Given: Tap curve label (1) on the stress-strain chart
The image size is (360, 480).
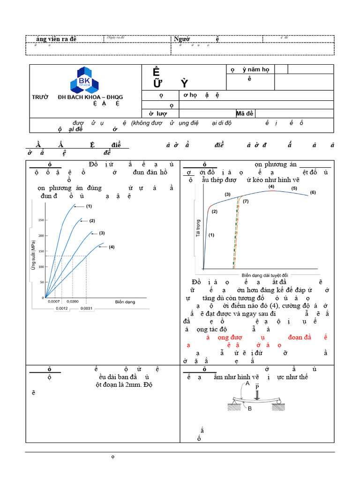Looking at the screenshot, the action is [89, 206].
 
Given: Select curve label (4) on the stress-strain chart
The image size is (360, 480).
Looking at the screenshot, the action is [111, 247].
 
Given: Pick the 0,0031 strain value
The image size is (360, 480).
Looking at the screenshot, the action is [86, 308].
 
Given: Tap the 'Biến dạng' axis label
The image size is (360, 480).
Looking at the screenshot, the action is [125, 302].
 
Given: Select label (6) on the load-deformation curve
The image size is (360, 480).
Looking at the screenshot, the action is [313, 193].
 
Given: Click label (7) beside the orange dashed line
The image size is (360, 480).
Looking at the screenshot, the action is [246, 201].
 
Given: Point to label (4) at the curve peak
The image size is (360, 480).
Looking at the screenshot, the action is [271, 187].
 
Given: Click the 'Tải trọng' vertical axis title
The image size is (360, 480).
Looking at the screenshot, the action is [198, 228].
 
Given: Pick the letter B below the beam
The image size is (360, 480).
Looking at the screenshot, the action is [250, 409].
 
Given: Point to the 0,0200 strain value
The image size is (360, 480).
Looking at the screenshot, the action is [73, 302].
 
